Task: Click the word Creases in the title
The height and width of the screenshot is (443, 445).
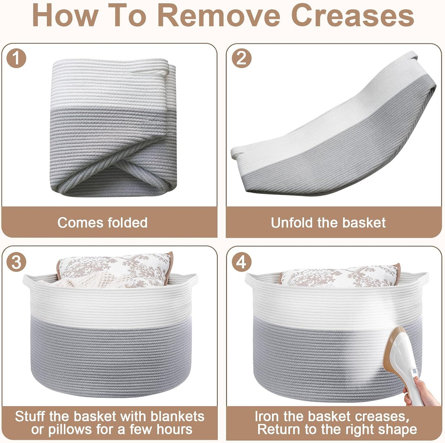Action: click(352, 16)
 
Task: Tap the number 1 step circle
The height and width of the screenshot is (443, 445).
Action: click(16, 58)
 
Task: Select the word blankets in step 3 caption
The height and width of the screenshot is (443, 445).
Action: click(177, 416)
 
